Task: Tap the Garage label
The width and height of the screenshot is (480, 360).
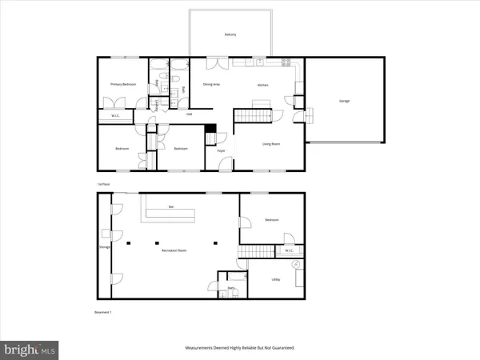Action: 344,101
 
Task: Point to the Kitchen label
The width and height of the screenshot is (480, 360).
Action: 262,84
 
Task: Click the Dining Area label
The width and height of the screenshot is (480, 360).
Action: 211,84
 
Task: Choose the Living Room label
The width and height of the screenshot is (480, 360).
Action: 271,144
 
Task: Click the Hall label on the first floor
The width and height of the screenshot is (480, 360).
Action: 189,114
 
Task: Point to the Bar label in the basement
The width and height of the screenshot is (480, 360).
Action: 171,207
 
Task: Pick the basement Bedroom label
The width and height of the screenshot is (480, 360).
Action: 271,222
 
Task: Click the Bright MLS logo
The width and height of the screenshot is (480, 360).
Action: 30,349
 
